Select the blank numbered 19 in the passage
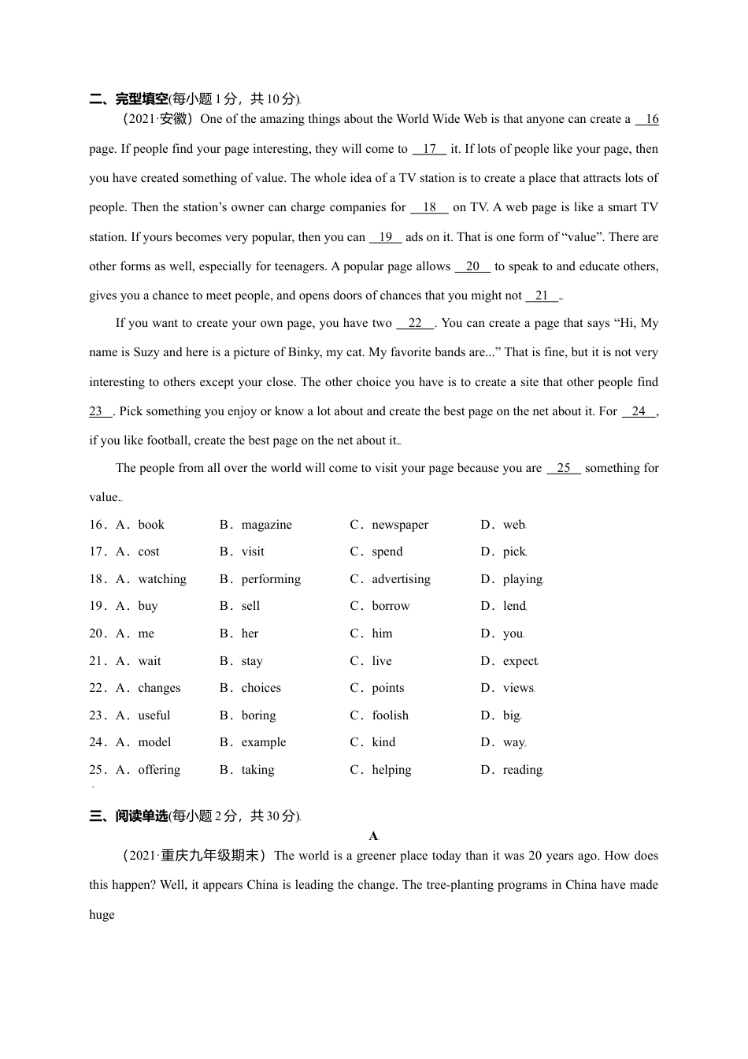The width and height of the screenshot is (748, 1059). tap(385, 237)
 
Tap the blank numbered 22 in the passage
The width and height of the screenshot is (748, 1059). tap(415, 323)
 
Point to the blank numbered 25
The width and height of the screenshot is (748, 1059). tap(563, 468)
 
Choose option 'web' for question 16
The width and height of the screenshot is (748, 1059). tap(513, 525)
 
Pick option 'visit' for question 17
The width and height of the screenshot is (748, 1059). tap(253, 552)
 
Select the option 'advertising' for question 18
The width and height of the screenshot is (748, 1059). tap(401, 579)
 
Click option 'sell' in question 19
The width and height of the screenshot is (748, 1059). tap(250, 606)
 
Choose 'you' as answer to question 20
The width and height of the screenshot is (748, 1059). tap(513, 634)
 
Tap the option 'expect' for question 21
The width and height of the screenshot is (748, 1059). tap(520, 661)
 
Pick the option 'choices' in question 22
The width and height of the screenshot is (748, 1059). tap(261, 688)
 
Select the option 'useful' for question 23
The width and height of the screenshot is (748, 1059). tap(154, 715)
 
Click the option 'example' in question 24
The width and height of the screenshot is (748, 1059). tap(264, 742)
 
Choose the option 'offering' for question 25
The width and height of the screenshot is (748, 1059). tap(159, 770)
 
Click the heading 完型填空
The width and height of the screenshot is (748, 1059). tap(142, 99)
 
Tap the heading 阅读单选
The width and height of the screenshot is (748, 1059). tap(142, 816)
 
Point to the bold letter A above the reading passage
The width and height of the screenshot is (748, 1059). tap(373, 836)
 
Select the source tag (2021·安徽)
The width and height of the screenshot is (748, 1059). tap(157, 120)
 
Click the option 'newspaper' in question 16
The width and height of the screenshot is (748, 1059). tap(400, 525)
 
